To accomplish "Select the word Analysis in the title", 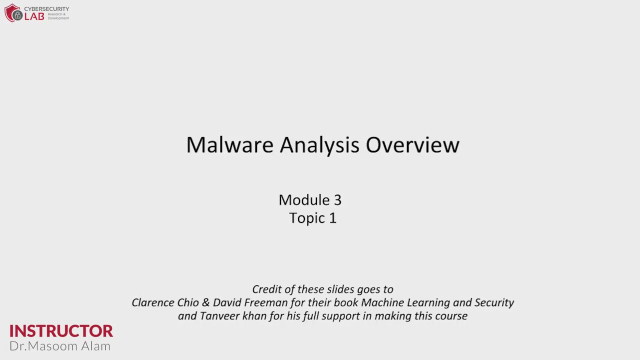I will tap(319, 145).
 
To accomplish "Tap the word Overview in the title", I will tap(412, 145).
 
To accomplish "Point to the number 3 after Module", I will tap(337, 200).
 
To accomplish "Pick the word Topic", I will tap(305, 218).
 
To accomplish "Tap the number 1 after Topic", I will tap(332, 218).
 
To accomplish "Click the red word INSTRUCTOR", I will tap(61, 331).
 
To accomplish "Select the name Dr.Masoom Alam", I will tap(60, 346).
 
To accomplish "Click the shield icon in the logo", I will tap(13, 13).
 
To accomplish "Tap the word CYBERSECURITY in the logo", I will tap(46, 9).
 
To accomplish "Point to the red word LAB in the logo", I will tap(34, 16).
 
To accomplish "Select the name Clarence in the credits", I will tap(153, 303).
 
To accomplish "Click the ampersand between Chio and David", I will tap(205, 303).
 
